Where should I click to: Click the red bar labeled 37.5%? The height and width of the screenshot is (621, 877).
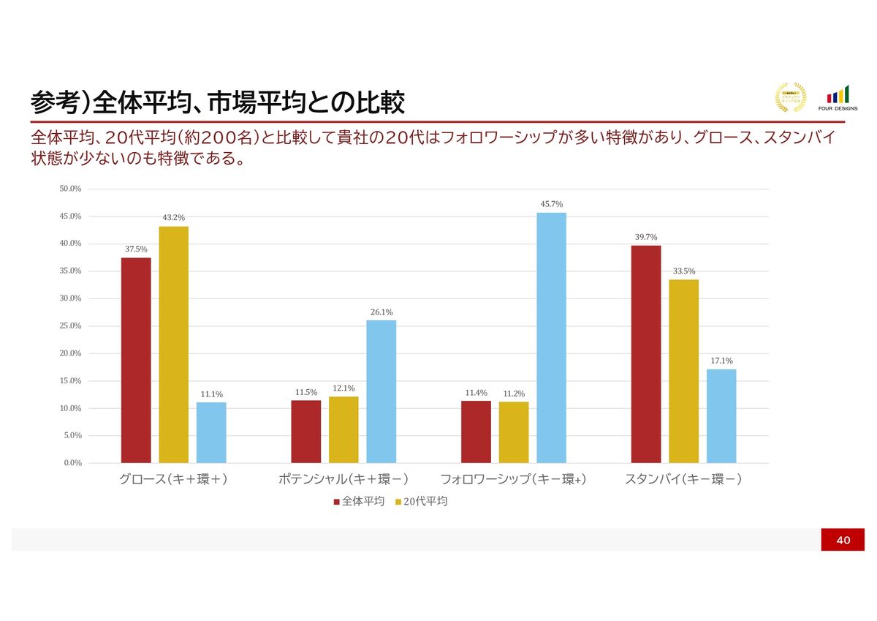[x=136, y=360]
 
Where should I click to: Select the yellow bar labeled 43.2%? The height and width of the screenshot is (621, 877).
[x=173, y=345]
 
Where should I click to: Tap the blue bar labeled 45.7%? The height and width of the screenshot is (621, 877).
[x=551, y=337]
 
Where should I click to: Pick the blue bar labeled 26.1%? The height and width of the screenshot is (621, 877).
[x=381, y=391]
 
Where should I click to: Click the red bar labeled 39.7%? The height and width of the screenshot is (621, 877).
[x=645, y=354]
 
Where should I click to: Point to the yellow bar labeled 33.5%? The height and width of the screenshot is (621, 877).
[x=683, y=371]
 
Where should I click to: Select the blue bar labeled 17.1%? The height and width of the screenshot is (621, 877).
[x=721, y=415]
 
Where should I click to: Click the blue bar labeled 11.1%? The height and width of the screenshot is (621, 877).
[x=211, y=432]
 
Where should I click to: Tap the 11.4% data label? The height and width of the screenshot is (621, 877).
[x=476, y=393]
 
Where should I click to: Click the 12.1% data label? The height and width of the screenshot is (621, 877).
[x=343, y=388]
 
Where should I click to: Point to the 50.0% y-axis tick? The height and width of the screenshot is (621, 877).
[x=70, y=189]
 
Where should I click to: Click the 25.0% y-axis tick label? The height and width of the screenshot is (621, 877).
[x=70, y=326]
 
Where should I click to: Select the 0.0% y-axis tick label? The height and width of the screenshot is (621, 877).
[x=72, y=463]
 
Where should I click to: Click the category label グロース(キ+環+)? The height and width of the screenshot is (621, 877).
[x=173, y=480]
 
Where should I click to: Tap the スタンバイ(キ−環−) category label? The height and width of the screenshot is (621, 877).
[x=683, y=480]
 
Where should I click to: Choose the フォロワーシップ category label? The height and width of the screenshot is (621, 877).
[x=513, y=480]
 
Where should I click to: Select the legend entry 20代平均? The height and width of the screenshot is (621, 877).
[x=425, y=502]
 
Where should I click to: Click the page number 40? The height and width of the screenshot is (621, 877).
[x=843, y=540]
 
